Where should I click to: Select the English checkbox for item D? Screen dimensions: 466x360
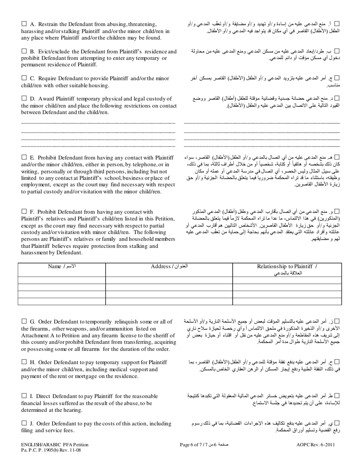[x=24, y=98]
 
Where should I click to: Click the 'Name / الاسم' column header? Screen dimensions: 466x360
[x=62, y=266]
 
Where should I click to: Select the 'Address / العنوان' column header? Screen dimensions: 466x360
[x=169, y=266]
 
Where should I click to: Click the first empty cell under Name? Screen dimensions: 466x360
[x=62, y=280]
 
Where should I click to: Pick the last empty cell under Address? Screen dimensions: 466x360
[x=169, y=301]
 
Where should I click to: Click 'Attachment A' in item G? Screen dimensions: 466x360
[x=38, y=335]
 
